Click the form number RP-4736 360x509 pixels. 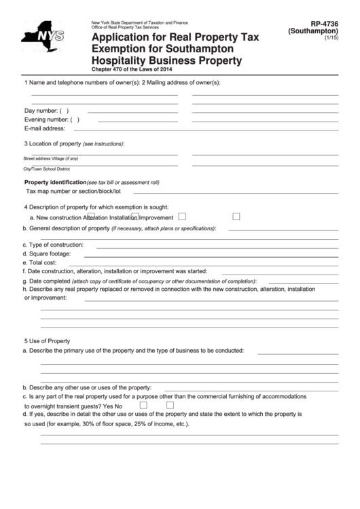[x=322, y=24]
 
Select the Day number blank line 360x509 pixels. [x=132, y=111]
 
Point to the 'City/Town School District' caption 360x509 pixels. [x=47, y=168]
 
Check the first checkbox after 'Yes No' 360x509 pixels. [x=143, y=404]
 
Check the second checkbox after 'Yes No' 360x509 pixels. [x=181, y=404]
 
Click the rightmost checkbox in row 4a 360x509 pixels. [x=236, y=217]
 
